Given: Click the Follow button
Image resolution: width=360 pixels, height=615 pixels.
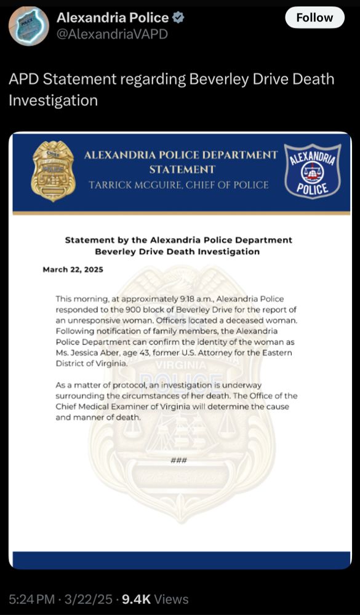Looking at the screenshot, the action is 314,18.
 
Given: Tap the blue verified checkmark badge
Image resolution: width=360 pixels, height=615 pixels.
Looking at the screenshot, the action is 178,18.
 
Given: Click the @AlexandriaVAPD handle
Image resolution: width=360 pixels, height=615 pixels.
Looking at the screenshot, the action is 112,34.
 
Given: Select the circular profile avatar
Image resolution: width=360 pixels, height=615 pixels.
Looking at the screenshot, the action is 29,26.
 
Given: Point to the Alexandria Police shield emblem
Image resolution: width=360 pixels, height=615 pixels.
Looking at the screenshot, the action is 313,170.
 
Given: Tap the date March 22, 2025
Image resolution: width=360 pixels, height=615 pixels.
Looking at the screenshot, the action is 73,269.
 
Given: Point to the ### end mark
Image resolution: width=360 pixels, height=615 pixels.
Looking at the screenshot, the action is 178,461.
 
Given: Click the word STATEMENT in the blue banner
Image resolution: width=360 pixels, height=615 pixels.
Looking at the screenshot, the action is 182,170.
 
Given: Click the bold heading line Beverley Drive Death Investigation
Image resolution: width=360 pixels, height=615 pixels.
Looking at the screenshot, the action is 177,252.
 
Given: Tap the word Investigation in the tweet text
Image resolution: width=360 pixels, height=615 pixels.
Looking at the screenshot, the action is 54,100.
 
